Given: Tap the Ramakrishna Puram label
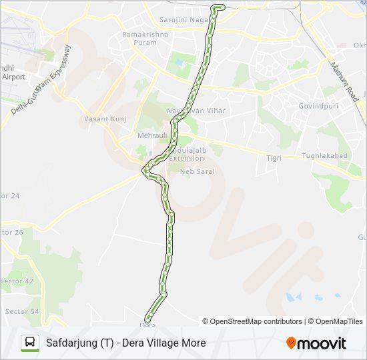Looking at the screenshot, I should pyautogui.click(x=139, y=38).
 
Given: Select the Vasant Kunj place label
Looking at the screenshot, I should pyautogui.click(x=101, y=119).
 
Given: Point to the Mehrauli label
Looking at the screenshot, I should pyautogui.click(x=151, y=135).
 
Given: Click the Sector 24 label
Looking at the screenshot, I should pyautogui.click(x=10, y=196).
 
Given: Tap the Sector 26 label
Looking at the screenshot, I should pyautogui.click(x=11, y=233).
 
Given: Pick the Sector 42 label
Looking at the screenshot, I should pyautogui.click(x=17, y=281).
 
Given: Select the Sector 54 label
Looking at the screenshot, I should pyautogui.click(x=21, y=311).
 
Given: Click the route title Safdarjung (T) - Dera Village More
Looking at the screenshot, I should pyautogui.click(x=125, y=343).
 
